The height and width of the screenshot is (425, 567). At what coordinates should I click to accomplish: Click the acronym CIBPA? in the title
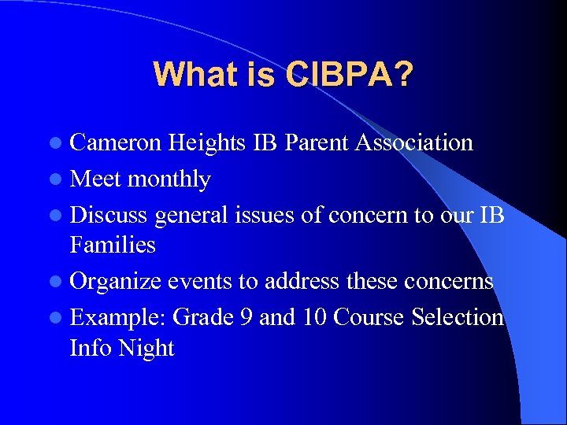[350, 74]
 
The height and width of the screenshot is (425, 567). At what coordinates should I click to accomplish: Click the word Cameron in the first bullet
[116, 142]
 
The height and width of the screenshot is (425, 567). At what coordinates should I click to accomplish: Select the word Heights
[207, 142]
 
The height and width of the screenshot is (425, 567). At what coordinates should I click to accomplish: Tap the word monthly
[169, 179]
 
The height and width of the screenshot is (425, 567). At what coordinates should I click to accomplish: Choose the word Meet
[95, 179]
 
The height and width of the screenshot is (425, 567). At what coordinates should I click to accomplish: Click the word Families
[113, 245]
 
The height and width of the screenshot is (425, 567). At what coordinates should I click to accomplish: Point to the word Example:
[118, 318]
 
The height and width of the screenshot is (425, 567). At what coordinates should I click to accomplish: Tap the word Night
[146, 347]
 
